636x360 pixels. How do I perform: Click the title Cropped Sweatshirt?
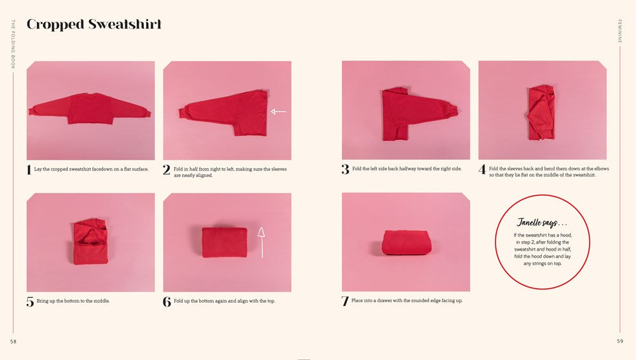click(93, 25)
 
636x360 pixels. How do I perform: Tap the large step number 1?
click(29, 170)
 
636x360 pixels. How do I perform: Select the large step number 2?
click(167, 170)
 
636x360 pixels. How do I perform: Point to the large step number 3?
click(345, 170)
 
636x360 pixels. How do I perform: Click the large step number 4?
click(482, 170)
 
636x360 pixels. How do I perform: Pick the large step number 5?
click(30, 302)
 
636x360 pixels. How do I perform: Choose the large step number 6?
click(167, 302)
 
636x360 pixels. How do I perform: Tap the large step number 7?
click(345, 301)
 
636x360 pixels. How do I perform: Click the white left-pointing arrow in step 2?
click(278, 112)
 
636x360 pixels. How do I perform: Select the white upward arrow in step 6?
click(260, 242)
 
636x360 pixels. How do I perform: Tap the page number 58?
click(13, 342)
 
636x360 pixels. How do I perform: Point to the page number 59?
click(619, 342)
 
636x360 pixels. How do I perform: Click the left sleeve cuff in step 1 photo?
click(32, 112)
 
